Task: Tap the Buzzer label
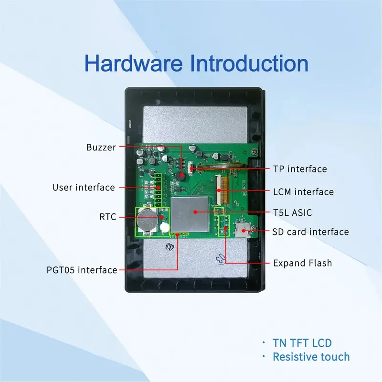point(101,148)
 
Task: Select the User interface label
point(84,187)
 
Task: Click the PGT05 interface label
point(82,270)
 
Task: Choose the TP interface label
point(300,169)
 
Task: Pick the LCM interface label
point(303,192)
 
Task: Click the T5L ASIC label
point(292,212)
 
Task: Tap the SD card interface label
point(310,232)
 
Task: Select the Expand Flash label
point(302,263)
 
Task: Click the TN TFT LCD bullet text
point(302,342)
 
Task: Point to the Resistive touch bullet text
point(311,357)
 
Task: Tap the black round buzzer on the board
point(180,175)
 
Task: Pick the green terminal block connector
point(157,187)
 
